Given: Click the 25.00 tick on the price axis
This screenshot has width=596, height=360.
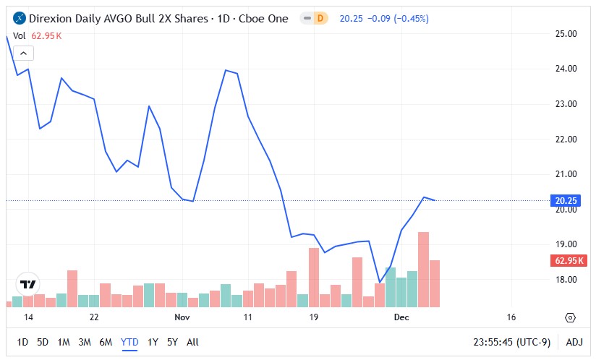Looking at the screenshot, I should tap(566, 34).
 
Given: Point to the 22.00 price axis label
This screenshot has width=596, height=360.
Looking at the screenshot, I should tap(566, 140).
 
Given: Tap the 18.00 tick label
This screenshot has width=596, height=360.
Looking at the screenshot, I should tap(566, 280).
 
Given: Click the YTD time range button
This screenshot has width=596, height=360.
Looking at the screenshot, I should tap(130, 342).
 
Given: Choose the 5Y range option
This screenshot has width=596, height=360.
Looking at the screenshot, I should tap(172, 342).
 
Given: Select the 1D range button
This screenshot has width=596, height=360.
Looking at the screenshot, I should tap(22, 342).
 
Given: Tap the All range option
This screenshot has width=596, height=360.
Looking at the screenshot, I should tap(192, 342).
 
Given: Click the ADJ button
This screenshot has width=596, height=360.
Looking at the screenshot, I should tap(574, 342).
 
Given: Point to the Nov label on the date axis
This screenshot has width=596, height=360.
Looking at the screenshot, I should tap(182, 317).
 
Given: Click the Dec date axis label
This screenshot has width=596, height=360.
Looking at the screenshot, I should tap(401, 317).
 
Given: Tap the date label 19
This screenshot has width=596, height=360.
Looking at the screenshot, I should tap(314, 317).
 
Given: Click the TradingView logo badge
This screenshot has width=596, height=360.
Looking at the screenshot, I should tap(29, 285).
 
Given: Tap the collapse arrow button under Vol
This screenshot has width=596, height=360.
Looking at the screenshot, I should tap(23, 53).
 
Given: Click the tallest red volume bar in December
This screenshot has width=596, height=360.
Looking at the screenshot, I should tap(424, 269).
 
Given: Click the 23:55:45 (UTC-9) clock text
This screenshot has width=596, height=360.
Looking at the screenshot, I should tap(513, 342).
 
